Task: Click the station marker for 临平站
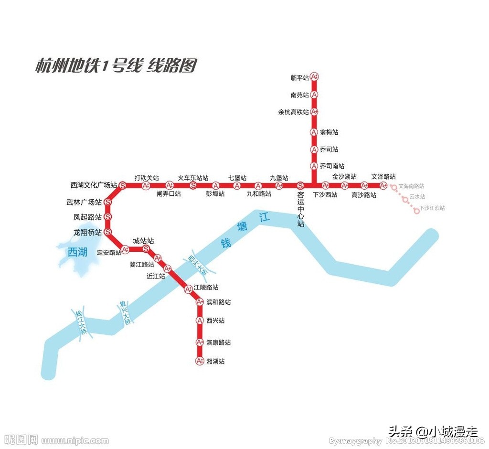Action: [314, 76]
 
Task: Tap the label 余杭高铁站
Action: [293, 112]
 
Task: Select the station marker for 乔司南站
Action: [314, 166]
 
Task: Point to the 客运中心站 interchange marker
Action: [300, 185]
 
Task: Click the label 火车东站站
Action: [193, 178]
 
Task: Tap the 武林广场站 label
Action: [84, 203]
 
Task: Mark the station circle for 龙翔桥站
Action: [108, 232]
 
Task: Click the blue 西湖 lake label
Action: [77, 252]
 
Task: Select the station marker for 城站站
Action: [146, 249]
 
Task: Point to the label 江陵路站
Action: [206, 288]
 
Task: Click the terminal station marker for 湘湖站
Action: [200, 361]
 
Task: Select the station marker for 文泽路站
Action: [383, 185]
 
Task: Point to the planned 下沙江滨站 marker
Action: [417, 211]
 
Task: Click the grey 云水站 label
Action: [417, 197]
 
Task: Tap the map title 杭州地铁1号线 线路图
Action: [116, 66]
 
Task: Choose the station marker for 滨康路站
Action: [200, 342]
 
